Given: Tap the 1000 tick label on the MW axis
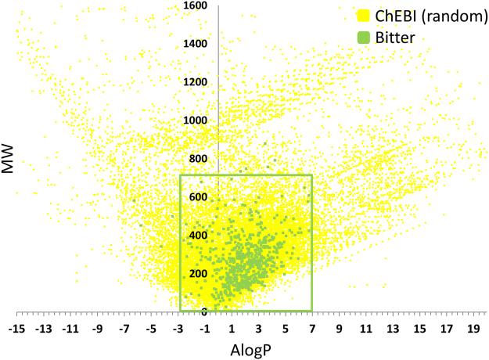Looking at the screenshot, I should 196,121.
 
